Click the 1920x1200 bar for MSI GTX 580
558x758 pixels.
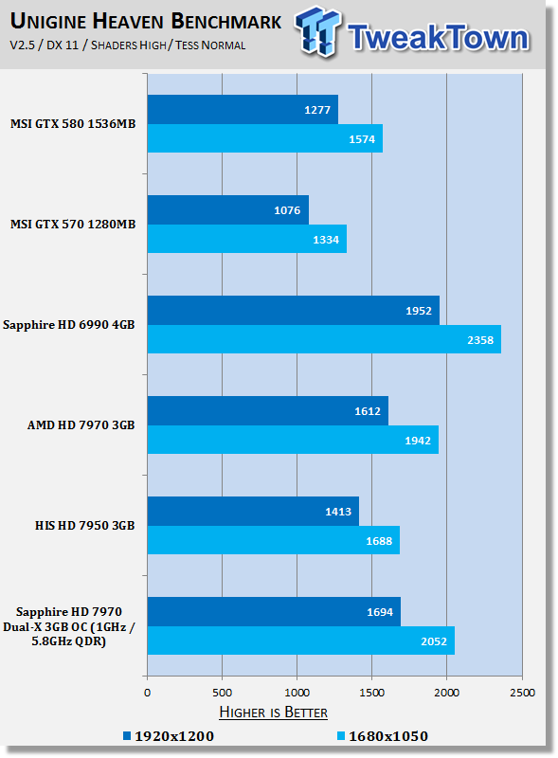tap(243, 109)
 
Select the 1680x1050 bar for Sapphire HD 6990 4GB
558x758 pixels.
tap(324, 339)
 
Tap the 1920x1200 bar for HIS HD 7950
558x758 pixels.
tap(253, 511)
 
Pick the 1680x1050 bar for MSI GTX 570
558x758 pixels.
tap(247, 239)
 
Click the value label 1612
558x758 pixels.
tap(368, 411)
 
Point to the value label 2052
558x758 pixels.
tap(434, 641)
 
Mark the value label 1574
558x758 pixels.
tap(362, 139)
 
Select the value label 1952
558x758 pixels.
tap(418, 311)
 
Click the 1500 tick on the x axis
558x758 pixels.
tap(371, 693)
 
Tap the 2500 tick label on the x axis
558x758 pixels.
tap(522, 693)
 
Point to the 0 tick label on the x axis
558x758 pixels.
tap(148, 693)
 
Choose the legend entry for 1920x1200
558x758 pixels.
tap(169, 736)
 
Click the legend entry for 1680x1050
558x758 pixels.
tap(383, 736)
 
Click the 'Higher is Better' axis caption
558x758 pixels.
tap(273, 713)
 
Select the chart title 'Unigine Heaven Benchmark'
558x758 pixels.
tap(146, 21)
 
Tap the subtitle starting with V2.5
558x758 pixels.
tap(128, 45)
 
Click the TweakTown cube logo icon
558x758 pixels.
tap(317, 31)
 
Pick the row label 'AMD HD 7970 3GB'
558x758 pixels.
tap(81, 424)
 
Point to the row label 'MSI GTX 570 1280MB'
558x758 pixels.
tap(73, 224)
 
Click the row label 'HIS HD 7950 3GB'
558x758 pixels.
tap(84, 526)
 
